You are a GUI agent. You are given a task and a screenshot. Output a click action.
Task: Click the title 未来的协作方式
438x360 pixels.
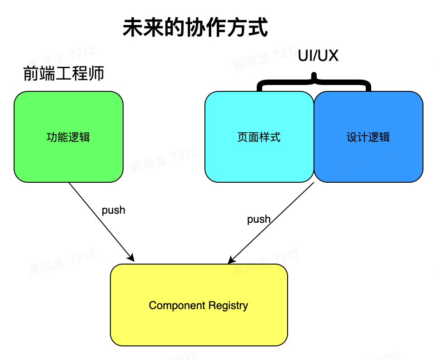coord(195,28)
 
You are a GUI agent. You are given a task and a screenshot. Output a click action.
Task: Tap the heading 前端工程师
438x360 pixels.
coord(64,73)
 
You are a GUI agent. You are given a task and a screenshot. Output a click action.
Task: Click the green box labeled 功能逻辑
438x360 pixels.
coord(69,155)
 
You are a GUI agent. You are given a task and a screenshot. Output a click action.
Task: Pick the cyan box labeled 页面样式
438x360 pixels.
coord(259,157)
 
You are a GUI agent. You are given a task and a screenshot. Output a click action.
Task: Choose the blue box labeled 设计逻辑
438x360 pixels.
coord(368,157)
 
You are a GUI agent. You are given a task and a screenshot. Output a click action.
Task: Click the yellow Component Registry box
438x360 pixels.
coord(199,323)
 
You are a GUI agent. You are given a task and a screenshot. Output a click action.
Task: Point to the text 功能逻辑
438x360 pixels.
coord(69,137)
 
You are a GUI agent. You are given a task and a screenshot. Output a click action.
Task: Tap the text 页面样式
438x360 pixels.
coord(259,137)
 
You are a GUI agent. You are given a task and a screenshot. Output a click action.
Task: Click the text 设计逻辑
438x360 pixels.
coord(368,137)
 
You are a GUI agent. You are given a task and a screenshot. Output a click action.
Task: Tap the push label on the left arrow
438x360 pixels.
coord(113,210)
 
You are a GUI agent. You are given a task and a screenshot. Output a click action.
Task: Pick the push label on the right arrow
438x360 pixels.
coord(259,219)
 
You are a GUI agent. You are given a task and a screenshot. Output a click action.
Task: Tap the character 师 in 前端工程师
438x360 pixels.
coord(96,73)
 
